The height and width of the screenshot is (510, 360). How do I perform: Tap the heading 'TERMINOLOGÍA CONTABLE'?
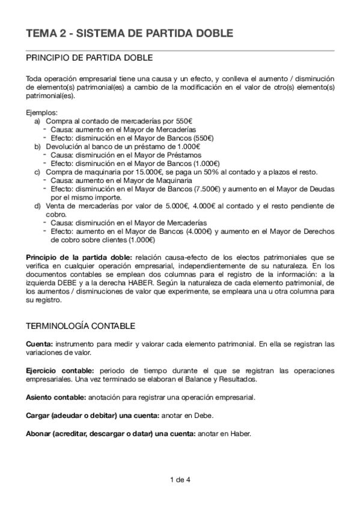point(80,325)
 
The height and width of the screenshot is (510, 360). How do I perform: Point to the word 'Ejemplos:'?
point(42,112)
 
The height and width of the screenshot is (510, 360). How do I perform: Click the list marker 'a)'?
point(38,121)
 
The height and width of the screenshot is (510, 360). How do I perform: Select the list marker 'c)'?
point(38,171)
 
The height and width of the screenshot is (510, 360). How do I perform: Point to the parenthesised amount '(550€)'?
point(201,138)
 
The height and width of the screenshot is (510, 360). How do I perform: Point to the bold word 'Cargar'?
point(39,416)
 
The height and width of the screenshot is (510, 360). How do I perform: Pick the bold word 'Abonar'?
point(40,433)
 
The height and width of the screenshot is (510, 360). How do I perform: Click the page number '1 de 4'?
point(180,479)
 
